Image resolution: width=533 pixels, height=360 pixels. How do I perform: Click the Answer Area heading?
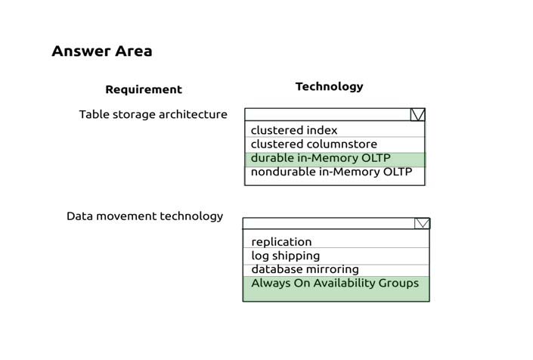point(102,51)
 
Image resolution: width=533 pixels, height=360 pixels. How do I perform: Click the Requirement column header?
point(144,89)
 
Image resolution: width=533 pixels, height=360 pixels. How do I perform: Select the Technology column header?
point(330,87)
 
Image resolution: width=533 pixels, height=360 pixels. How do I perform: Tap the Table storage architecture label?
point(153,114)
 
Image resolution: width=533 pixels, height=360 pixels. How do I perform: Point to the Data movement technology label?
point(145,216)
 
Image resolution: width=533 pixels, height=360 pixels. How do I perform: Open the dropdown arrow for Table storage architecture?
point(417,115)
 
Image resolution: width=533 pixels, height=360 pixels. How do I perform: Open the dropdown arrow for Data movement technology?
point(422,224)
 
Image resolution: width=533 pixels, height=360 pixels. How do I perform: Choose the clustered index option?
point(294,130)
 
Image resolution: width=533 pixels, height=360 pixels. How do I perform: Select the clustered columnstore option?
point(314,144)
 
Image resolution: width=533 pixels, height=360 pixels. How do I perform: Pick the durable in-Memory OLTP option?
point(321,158)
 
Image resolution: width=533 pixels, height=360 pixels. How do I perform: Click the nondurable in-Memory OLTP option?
point(331,172)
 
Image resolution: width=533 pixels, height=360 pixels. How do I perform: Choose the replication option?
point(281,242)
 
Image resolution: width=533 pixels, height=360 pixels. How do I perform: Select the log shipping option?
point(286,256)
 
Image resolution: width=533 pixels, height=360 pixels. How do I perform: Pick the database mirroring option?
point(305,269)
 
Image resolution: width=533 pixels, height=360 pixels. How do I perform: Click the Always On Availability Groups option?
point(335,284)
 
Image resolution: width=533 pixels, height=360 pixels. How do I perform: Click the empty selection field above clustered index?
point(327,115)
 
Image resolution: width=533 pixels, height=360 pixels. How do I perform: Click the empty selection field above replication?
point(329,224)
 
